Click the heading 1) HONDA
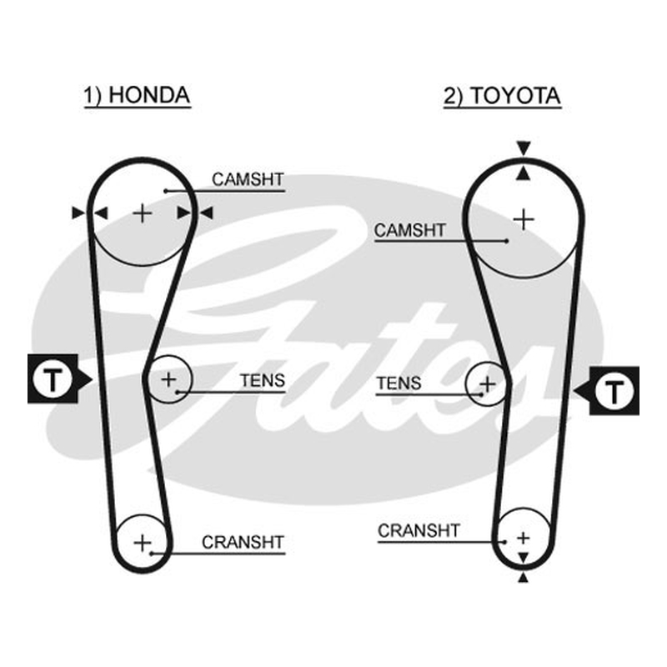coord(137,95)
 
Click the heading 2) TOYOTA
coord(502,96)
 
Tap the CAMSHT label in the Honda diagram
coord(248,179)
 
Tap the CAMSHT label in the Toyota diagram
coord(409,230)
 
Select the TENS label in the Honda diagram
coord(263,380)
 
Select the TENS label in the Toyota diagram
coord(399,384)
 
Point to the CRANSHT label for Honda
coord(243,542)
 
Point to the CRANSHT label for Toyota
coord(419,530)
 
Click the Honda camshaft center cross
coord(143,213)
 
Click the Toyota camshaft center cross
coord(524,220)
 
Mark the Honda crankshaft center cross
coord(143,543)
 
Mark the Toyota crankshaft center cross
coord(524,538)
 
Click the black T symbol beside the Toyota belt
coord(607,390)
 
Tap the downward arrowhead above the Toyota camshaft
coord(524,148)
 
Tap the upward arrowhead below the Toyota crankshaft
coord(524,577)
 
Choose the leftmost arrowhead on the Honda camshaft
coord(78,213)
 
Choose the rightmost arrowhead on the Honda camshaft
coord(206,213)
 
